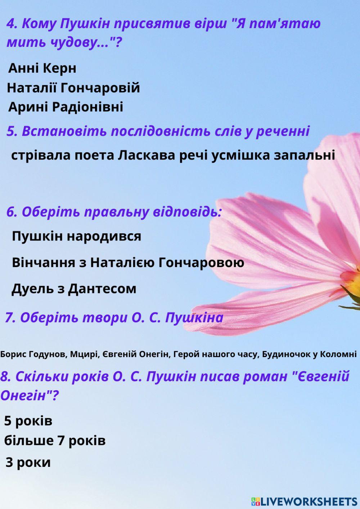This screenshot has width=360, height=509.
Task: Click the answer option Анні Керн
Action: [x=42, y=68]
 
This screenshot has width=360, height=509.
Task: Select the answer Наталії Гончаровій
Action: [x=73, y=88]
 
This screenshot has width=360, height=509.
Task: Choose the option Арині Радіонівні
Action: [x=66, y=107]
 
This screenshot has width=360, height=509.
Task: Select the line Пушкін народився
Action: [x=76, y=237]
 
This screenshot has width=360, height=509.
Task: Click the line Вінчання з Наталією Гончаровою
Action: [x=128, y=263]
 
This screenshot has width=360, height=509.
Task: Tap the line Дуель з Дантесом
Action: [x=74, y=289]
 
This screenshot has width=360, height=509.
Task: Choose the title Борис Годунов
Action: [x=33, y=354]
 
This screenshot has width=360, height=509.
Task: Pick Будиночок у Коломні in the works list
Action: [x=309, y=354]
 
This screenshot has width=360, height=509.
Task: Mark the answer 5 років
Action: [x=28, y=421]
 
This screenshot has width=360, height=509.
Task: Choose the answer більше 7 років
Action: [x=55, y=441]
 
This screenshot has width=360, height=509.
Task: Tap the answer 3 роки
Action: [x=28, y=463]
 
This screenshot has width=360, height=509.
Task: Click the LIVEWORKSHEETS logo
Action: [x=304, y=501]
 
